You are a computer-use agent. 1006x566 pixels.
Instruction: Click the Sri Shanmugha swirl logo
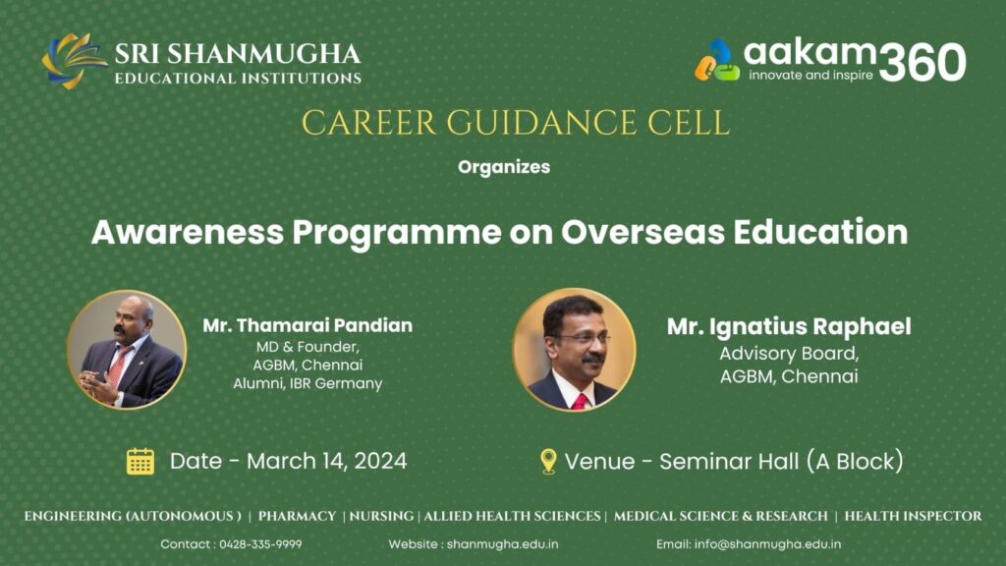pyautogui.click(x=74, y=61)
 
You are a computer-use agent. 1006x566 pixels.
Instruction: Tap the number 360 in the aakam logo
pyautogui.click(x=922, y=62)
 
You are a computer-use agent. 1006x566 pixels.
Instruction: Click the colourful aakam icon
pyautogui.click(x=717, y=60)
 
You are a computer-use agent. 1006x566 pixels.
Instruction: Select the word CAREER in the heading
pyautogui.click(x=369, y=123)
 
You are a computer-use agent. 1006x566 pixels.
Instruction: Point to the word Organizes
pyautogui.click(x=504, y=167)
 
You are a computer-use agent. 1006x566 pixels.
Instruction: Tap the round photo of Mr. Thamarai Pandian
pyautogui.click(x=127, y=350)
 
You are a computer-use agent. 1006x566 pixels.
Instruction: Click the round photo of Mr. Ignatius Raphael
pyautogui.click(x=574, y=350)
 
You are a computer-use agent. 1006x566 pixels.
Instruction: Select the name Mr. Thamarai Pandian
pyautogui.click(x=307, y=325)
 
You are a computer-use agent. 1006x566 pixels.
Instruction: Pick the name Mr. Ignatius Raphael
pyautogui.click(x=789, y=326)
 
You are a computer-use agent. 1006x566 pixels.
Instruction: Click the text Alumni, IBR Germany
pyautogui.click(x=307, y=384)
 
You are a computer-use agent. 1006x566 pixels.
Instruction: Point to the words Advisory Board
pyautogui.click(x=789, y=354)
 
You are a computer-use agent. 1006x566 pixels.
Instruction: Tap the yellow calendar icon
pyautogui.click(x=140, y=461)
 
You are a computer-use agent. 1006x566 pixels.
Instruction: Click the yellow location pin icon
pyautogui.click(x=548, y=461)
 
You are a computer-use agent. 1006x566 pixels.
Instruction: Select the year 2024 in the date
pyautogui.click(x=380, y=461)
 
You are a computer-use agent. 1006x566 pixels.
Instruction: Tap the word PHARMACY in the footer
pyautogui.click(x=297, y=516)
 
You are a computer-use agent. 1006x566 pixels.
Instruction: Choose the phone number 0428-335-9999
pyautogui.click(x=260, y=544)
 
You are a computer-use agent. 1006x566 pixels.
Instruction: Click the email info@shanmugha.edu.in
pyautogui.click(x=767, y=544)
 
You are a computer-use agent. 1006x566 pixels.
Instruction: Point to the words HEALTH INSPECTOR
pyautogui.click(x=913, y=516)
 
